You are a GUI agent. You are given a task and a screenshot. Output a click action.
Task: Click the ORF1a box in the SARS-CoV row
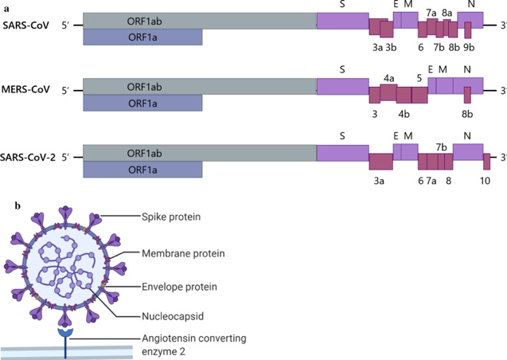(142, 37)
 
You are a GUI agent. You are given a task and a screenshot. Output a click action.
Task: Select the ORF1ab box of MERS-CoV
(200, 87)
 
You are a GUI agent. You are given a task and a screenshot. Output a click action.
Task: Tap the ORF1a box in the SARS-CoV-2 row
(142, 170)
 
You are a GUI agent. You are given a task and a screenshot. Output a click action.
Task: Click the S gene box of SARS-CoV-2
(343, 153)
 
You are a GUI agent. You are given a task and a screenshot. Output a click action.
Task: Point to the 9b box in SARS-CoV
(468, 30)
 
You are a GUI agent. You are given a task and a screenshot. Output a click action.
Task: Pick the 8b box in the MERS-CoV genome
(467, 95)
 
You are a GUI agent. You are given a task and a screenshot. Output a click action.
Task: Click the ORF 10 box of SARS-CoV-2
(486, 162)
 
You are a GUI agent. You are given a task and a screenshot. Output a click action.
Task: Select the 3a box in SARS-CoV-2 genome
(381, 162)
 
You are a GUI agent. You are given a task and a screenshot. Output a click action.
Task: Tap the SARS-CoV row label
(25, 25)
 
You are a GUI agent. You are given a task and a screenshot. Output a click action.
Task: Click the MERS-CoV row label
(25, 89)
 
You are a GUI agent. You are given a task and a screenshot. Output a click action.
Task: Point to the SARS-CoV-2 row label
(28, 158)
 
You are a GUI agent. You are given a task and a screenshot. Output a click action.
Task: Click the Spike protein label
(171, 217)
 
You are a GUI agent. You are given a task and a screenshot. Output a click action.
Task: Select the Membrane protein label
(183, 253)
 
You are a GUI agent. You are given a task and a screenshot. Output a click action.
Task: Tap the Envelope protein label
(179, 287)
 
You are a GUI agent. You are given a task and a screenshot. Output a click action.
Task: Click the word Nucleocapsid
(173, 316)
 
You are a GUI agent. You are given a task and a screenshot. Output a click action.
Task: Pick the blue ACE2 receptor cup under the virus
(65, 333)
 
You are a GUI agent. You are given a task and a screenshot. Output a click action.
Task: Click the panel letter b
(18, 205)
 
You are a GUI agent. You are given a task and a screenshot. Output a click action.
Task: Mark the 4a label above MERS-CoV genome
(389, 78)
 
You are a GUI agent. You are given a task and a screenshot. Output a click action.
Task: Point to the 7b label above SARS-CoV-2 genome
(441, 147)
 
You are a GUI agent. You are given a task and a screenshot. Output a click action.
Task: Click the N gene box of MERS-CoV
(468, 86)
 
